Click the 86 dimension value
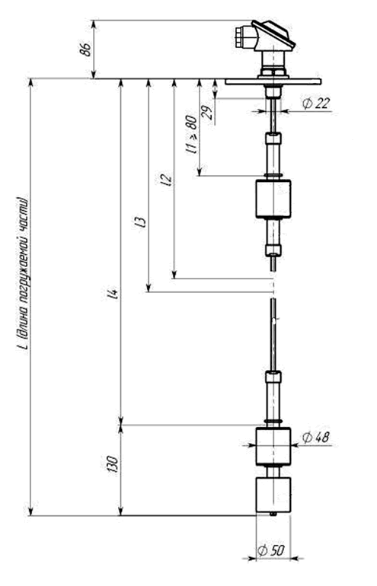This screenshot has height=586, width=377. tap(85, 49)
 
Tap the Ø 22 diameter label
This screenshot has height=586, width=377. tap(316, 104)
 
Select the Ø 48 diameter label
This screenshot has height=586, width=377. tap(316, 438)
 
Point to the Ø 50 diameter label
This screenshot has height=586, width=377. tap(272, 550)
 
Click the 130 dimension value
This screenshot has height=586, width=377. tap(113, 463)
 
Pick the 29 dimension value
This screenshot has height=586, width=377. tap(207, 111)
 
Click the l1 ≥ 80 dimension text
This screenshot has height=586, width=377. tap(191, 135)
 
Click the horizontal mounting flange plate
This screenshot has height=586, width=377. tap(273, 81)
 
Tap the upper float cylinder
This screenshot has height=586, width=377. tap(273, 199)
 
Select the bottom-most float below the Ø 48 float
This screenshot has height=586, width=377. tap(273, 495)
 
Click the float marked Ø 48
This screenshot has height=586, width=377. tap(273, 446)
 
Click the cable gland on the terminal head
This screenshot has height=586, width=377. tap(242, 37)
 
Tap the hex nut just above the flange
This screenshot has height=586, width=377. tap(273, 73)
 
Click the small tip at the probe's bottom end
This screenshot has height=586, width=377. tap(273, 514)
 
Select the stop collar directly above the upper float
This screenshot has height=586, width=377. tap(273, 176)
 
